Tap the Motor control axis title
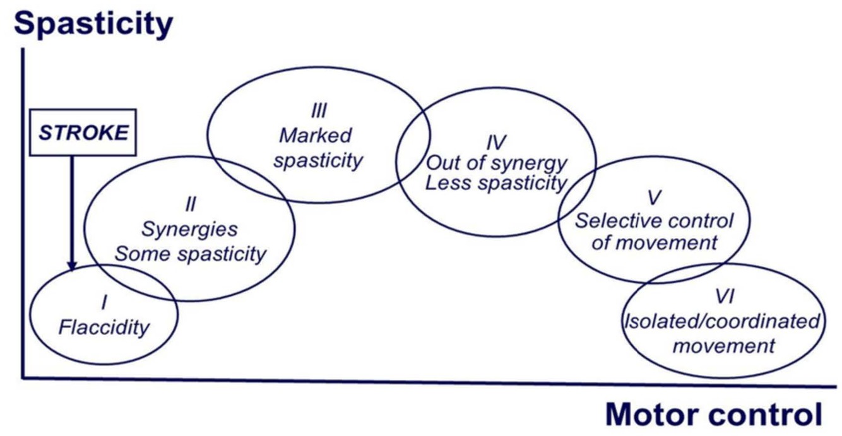(714, 415)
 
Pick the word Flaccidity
(104, 327)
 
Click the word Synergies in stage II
(189, 229)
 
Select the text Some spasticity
(190, 254)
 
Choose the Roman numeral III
(319, 112)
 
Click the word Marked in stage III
(316, 135)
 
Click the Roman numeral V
(655, 198)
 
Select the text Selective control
(655, 221)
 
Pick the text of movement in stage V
(655, 242)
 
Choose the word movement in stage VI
(723, 345)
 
